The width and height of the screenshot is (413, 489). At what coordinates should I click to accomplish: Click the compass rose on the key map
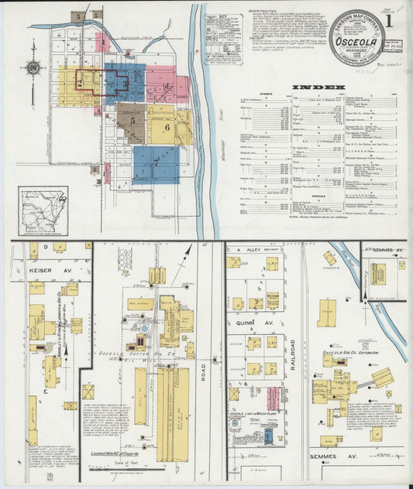pos(33,67)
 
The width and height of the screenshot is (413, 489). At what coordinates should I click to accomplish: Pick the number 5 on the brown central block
pos(133,121)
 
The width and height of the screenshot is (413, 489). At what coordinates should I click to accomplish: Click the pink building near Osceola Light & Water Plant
pos(273,398)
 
